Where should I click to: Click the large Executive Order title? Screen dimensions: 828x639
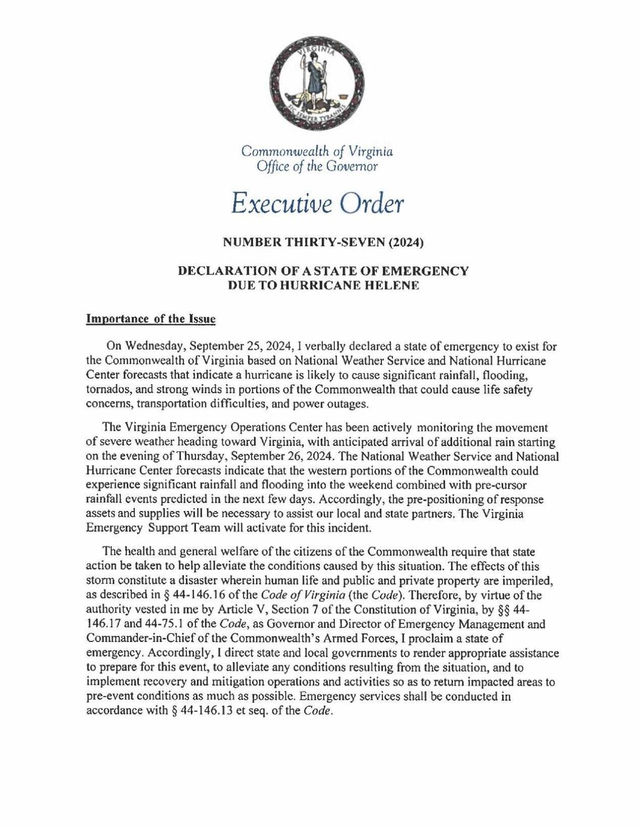pos(318,204)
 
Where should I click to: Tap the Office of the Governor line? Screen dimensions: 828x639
pos(317,167)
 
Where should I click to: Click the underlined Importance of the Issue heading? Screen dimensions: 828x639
pos(151,319)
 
